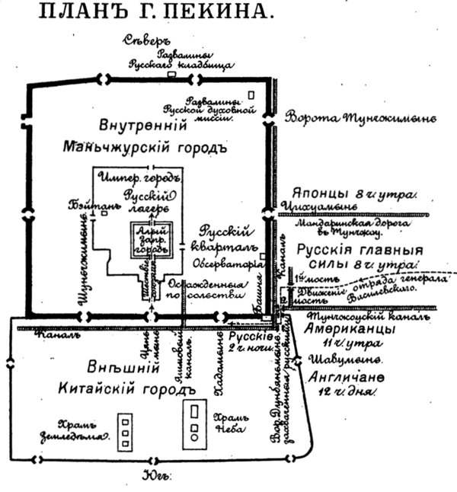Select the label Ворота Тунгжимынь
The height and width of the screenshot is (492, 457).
pos(360,118)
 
